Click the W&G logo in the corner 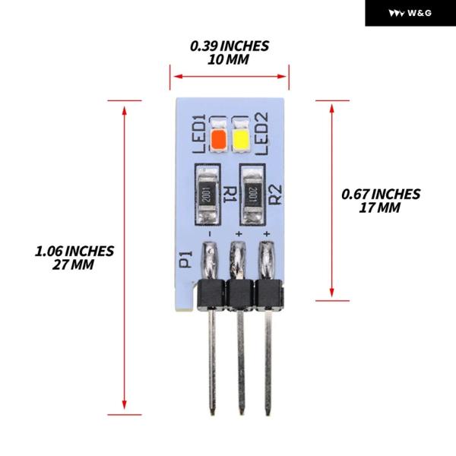[410, 13]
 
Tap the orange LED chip [219, 139]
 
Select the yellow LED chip [240, 140]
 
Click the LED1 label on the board [199, 134]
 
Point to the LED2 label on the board [261, 134]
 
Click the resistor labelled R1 [207, 195]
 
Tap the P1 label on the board [186, 259]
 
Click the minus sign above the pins [210, 233]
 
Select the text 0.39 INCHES [230, 46]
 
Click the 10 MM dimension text [228, 59]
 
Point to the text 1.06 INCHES [74, 252]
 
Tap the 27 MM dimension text [73, 264]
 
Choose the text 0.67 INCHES [381, 195]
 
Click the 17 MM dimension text [379, 207]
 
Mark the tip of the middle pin [241, 414]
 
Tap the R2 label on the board [275, 195]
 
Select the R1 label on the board [229, 195]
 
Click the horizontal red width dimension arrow [230, 77]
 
